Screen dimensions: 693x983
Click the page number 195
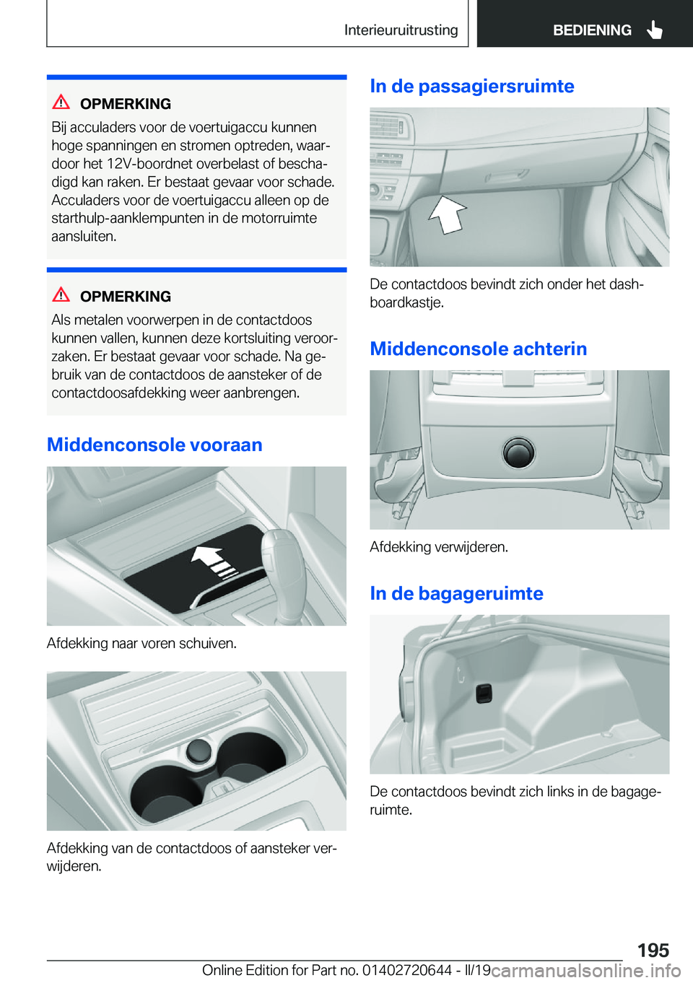point(653,950)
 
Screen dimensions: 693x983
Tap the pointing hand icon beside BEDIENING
point(654,30)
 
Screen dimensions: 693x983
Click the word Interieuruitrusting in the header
point(401,30)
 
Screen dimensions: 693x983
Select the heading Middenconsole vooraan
point(154,445)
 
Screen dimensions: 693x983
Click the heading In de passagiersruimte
point(472,86)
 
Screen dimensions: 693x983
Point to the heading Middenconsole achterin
point(479,349)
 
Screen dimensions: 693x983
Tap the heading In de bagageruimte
point(456,593)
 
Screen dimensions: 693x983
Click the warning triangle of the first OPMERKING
point(61,102)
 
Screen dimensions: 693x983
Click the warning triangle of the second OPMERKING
point(61,294)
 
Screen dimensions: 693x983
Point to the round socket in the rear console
point(518,453)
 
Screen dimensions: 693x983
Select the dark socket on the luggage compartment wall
point(483,694)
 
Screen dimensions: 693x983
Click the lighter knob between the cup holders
point(199,751)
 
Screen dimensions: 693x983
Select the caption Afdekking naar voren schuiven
point(141,643)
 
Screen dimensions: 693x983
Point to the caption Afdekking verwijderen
point(439,547)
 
